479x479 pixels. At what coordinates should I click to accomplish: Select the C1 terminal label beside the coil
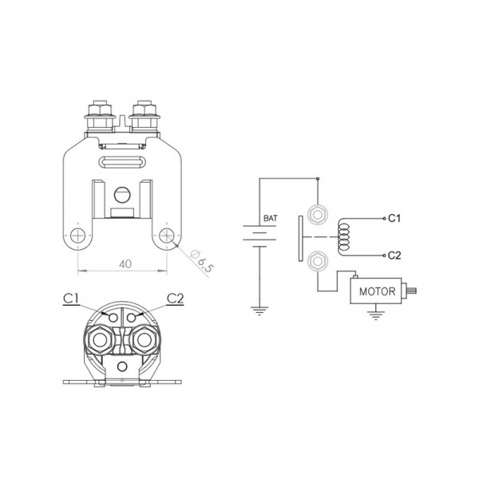394,217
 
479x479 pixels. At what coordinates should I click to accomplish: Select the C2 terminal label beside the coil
394,255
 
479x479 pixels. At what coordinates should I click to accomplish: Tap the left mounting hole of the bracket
77,236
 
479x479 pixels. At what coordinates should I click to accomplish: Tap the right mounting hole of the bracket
167,236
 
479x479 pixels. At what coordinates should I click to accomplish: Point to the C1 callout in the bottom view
70,298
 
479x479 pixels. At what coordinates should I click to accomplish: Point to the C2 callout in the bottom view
176,298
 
